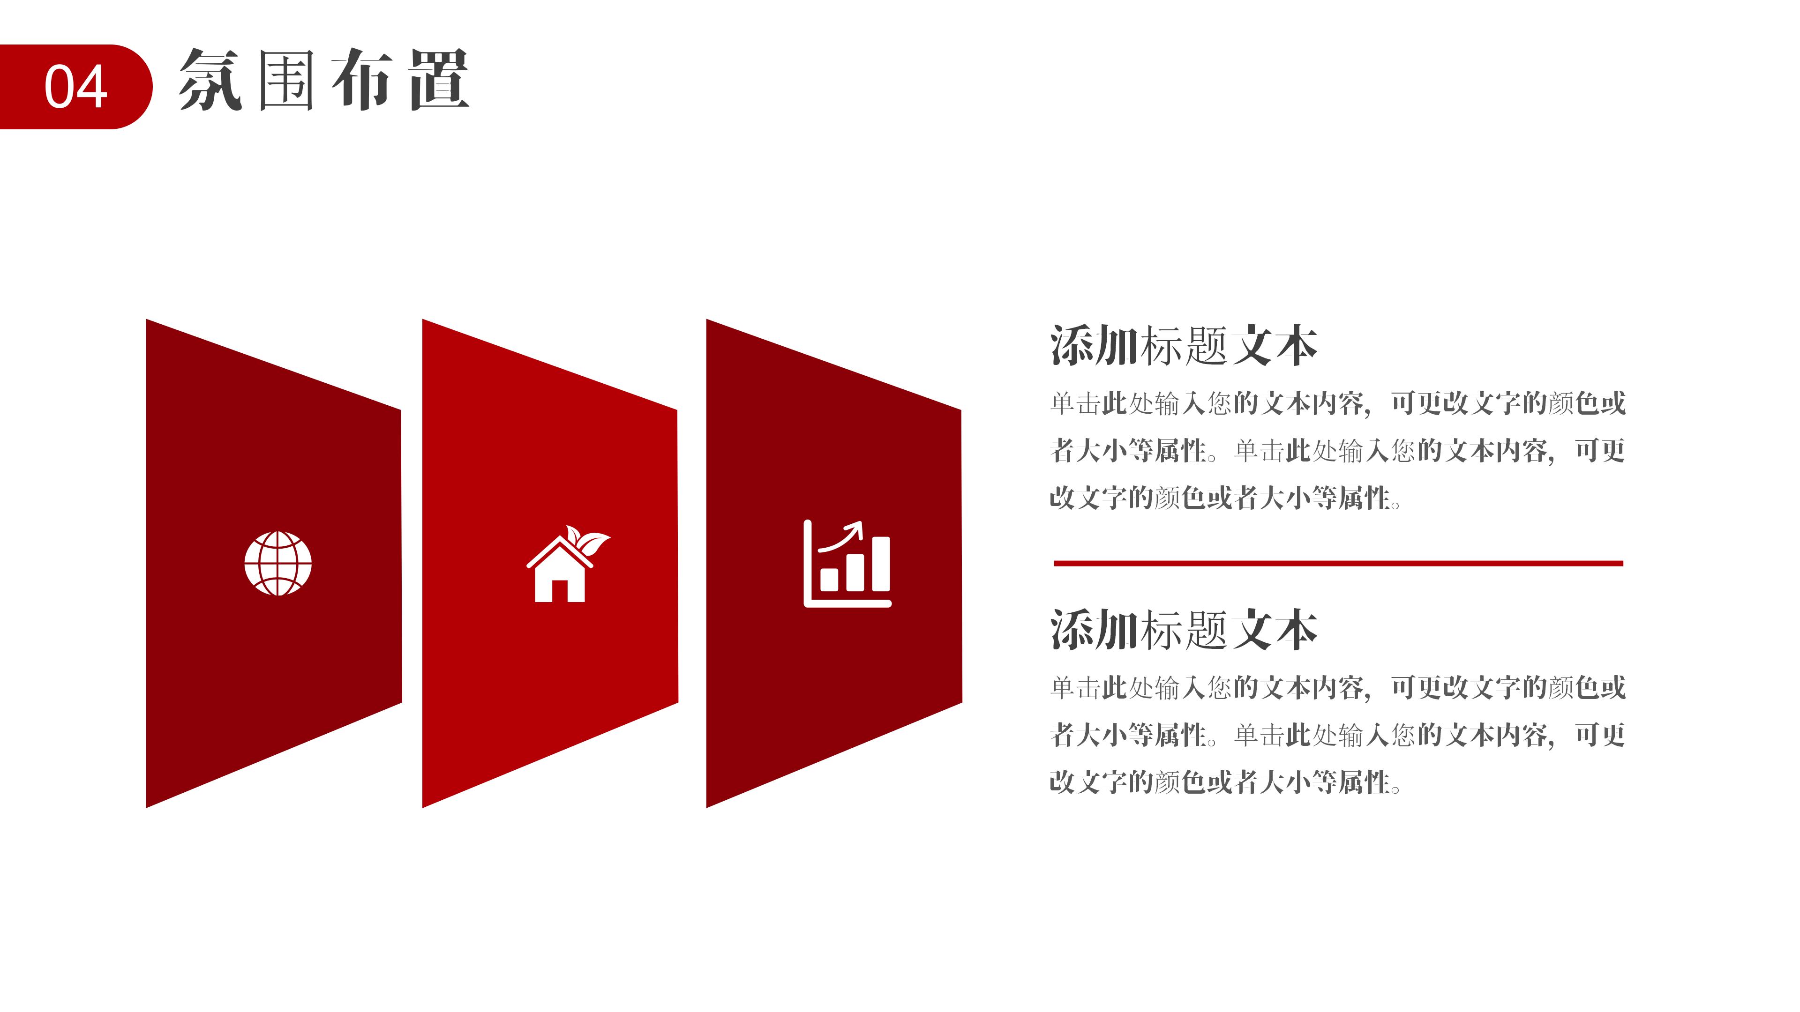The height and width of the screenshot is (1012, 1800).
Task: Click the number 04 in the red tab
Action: [75, 87]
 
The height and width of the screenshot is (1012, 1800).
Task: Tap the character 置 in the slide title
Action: [439, 80]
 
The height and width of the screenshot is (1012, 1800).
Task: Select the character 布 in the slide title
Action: [361, 80]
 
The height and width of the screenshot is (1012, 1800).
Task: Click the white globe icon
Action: [278, 564]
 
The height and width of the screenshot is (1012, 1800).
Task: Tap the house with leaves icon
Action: [567, 564]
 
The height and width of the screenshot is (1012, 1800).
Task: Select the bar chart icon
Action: [847, 564]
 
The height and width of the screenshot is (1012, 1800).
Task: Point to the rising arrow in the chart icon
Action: [842, 536]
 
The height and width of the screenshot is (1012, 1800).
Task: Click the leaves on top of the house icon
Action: [587, 540]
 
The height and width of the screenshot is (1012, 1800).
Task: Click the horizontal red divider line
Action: [1338, 563]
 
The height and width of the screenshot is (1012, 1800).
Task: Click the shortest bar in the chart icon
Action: [829, 579]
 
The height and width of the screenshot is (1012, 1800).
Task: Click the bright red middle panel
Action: [550, 563]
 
